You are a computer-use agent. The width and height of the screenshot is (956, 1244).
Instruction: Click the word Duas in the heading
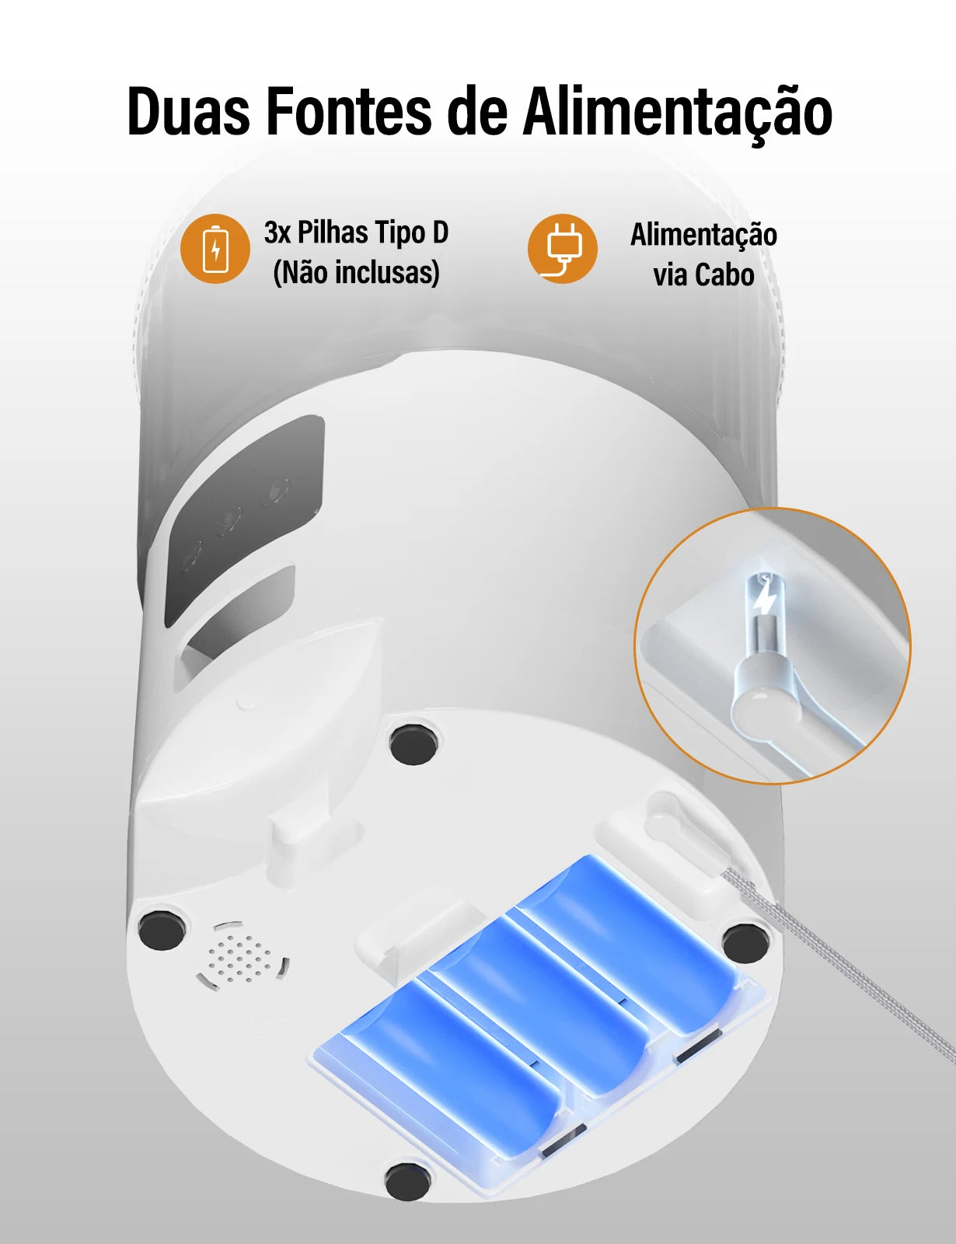(x=189, y=112)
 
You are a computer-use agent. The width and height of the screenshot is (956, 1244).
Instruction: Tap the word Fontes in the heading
(x=348, y=112)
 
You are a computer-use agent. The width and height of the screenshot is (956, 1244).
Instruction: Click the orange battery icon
(x=215, y=249)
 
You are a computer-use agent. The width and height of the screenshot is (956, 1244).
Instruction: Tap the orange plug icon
(x=563, y=249)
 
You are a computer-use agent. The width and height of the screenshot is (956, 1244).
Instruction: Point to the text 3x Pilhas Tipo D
(x=357, y=232)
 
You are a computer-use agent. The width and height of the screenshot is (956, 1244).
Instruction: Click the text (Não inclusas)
(x=357, y=273)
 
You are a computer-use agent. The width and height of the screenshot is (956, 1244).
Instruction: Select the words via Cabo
(x=703, y=275)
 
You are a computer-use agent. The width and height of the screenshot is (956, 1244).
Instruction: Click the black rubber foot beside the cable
(x=745, y=943)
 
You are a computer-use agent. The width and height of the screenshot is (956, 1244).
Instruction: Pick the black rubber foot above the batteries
(x=413, y=745)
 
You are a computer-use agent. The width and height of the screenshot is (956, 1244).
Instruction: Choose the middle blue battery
(x=544, y=1003)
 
